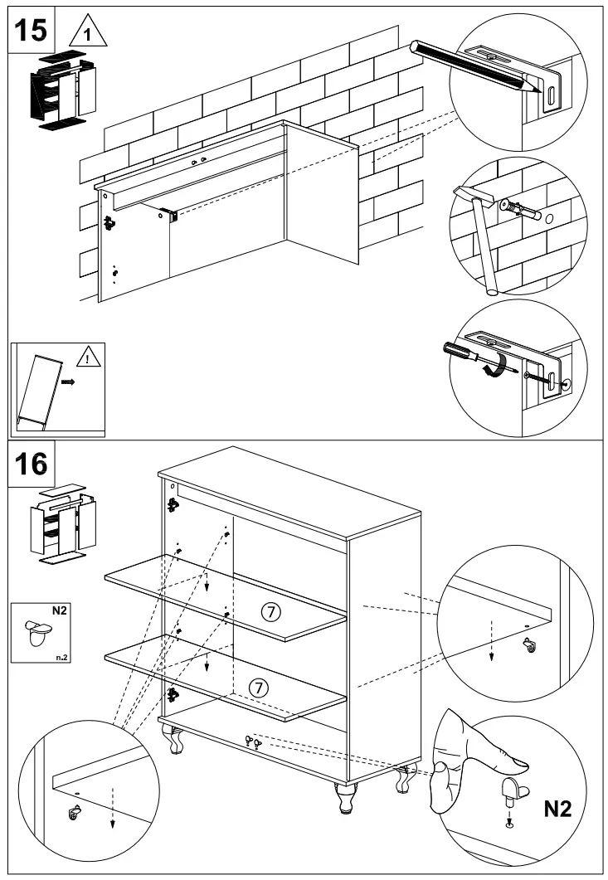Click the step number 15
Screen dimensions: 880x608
coord(32,30)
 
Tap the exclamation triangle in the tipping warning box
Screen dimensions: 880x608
coord(87,358)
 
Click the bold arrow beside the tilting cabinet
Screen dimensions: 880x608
coord(69,384)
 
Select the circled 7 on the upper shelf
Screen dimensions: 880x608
coord(270,612)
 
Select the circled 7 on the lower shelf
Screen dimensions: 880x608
coord(260,688)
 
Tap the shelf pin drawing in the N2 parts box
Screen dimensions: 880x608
coord(40,632)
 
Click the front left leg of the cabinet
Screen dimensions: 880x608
coord(176,740)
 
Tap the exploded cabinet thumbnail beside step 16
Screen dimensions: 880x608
coord(60,524)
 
